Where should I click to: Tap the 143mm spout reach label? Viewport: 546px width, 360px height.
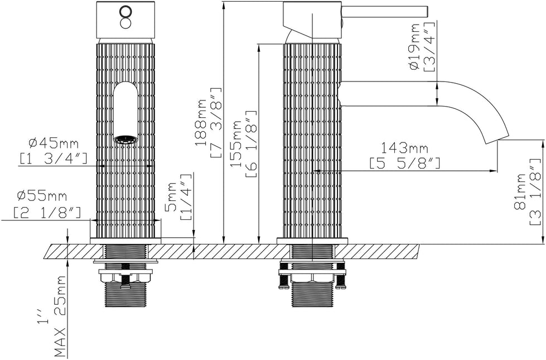404,148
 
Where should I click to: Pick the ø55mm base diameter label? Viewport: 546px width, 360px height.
42,196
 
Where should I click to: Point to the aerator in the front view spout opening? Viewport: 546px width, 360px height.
125,139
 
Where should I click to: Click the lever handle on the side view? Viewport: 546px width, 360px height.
385,11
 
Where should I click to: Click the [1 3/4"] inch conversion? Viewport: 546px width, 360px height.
53,159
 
